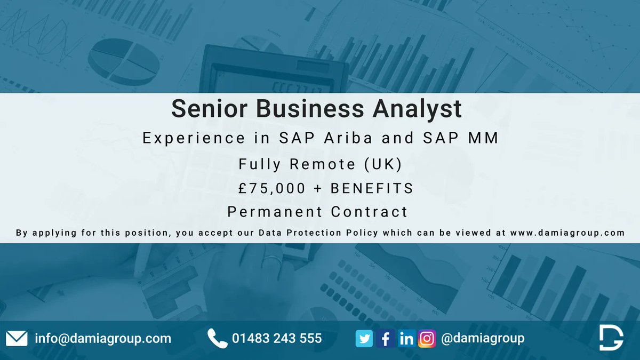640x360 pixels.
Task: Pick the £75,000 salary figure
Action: pyautogui.click(x=273, y=188)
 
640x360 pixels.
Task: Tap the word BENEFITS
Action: pyautogui.click(x=372, y=188)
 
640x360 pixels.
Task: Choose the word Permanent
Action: pyautogui.click(x=274, y=212)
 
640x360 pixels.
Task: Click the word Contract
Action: pyautogui.click(x=369, y=212)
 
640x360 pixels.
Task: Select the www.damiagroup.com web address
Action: pyautogui.click(x=567, y=233)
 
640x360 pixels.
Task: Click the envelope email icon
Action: pyautogui.click(x=17, y=339)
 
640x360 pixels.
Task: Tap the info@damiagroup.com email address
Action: pyautogui.click(x=103, y=339)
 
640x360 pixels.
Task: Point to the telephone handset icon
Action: pyautogui.click(x=217, y=338)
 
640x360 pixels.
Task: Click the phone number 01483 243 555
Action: pyautogui.click(x=277, y=339)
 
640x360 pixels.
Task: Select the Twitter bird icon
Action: pyautogui.click(x=364, y=339)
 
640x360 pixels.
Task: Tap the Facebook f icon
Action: pyautogui.click(x=385, y=339)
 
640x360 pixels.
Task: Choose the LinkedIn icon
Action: pyautogui.click(x=406, y=339)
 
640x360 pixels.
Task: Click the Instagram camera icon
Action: pyautogui.click(x=427, y=339)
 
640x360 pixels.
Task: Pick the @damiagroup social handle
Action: pyautogui.click(x=483, y=339)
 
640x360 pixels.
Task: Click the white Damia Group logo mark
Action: pyautogui.click(x=610, y=338)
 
